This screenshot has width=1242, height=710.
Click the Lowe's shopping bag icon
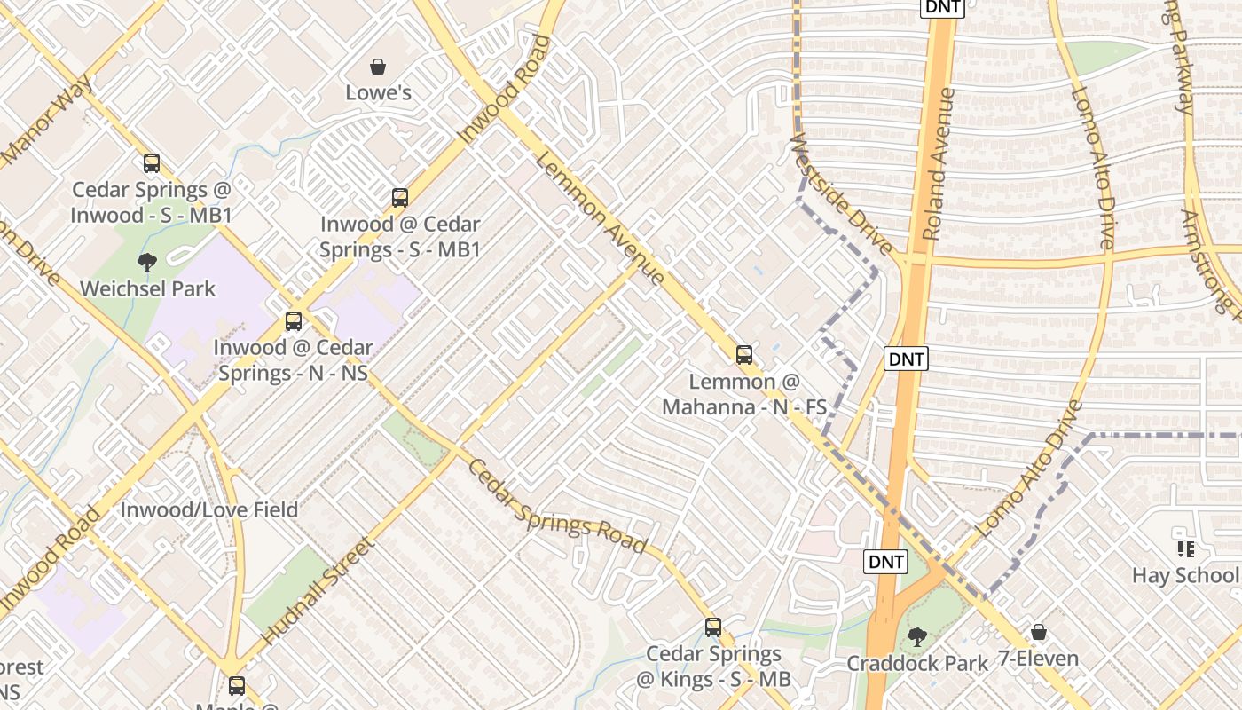coord(378,67)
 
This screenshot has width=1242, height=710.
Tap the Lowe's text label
coord(378,92)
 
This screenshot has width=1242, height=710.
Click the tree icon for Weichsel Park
coord(147,262)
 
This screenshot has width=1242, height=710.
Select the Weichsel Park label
coord(147,288)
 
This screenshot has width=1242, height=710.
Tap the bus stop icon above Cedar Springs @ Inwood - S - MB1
coord(152,163)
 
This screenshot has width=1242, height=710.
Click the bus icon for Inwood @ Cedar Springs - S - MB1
coord(400,197)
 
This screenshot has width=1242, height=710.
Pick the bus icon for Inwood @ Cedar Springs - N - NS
coord(294,321)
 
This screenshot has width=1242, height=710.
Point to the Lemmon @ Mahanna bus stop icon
coord(744,355)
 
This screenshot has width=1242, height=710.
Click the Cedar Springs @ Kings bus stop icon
coord(713,627)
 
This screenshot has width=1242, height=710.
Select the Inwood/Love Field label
coord(208,510)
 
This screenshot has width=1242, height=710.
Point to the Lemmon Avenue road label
coord(600,218)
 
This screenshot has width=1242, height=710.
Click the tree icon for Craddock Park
coord(917,636)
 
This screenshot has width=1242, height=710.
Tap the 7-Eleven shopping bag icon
coord(1038,632)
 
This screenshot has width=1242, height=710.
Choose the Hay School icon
coord(1185,549)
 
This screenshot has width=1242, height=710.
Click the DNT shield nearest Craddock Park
coord(885,562)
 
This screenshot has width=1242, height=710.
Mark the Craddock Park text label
coord(917,663)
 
